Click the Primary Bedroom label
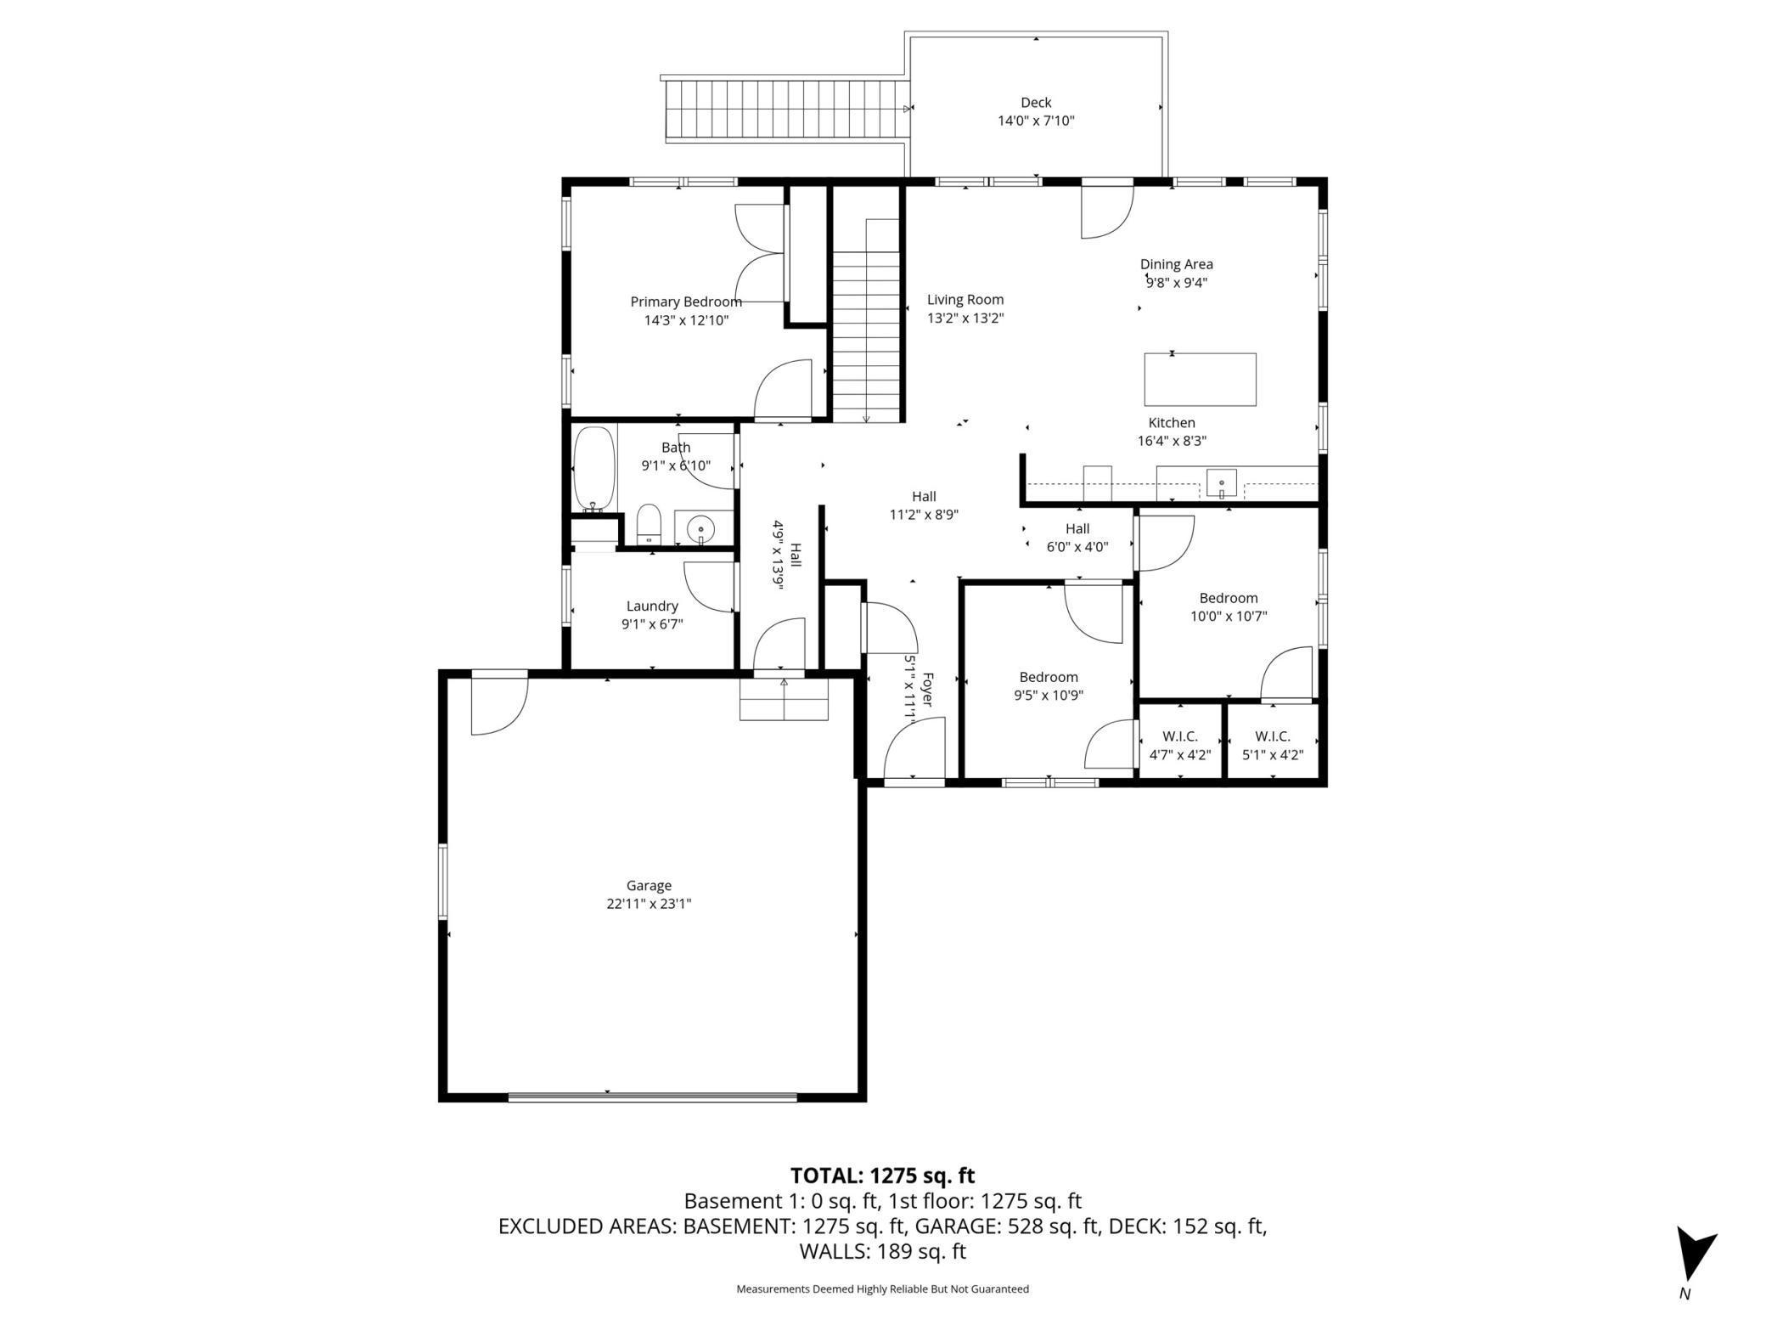pyautogui.click(x=686, y=302)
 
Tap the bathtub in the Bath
pyautogui.click(x=594, y=470)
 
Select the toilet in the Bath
pyautogui.click(x=649, y=524)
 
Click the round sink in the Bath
pyautogui.click(x=701, y=528)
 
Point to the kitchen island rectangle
pyautogui.click(x=1200, y=380)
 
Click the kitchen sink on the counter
pyautogui.click(x=1222, y=483)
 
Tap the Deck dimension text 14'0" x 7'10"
pyautogui.click(x=1036, y=121)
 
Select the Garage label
pyautogui.click(x=649, y=885)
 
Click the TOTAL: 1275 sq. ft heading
pyautogui.click(x=882, y=1176)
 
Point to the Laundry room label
pyautogui.click(x=652, y=606)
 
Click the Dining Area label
pyautogui.click(x=1177, y=264)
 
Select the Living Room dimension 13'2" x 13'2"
pyautogui.click(x=965, y=319)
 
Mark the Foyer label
pyautogui.click(x=927, y=689)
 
